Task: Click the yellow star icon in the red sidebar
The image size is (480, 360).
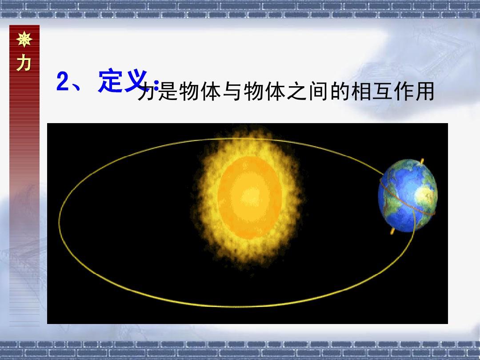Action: click(24, 39)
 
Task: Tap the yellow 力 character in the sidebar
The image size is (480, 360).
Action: click(24, 63)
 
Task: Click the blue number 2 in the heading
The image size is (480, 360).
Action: click(63, 81)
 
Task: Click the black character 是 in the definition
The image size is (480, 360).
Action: click(168, 91)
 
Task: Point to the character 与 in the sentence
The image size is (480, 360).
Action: click(232, 91)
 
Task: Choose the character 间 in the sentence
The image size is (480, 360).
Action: click(318, 91)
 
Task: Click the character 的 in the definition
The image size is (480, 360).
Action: click(340, 91)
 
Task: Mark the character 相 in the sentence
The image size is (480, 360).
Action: click(361, 91)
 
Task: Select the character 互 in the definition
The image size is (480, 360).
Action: click(383, 91)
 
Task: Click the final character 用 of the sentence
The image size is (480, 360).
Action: click(425, 91)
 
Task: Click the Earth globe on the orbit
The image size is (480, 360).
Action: click(408, 195)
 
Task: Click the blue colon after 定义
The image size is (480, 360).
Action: click(156, 86)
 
